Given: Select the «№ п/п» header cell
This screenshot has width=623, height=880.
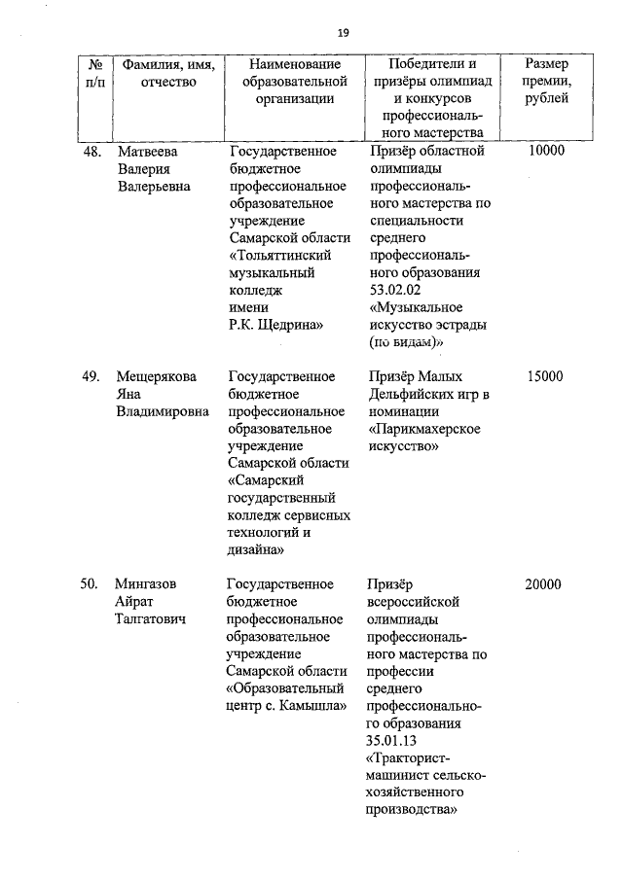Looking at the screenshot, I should [x=95, y=73].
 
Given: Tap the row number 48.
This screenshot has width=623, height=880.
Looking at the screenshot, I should [x=92, y=152].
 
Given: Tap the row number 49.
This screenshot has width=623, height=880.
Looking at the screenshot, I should [x=92, y=376].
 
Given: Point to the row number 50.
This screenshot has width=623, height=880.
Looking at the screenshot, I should [x=92, y=584].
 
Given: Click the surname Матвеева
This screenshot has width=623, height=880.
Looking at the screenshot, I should [x=148, y=152].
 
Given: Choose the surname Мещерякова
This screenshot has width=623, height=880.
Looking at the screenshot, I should [x=156, y=376].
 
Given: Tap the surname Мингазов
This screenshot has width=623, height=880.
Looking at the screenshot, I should [x=146, y=584].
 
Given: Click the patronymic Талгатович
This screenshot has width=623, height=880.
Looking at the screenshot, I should [x=153, y=618].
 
